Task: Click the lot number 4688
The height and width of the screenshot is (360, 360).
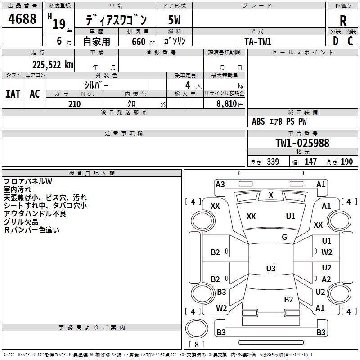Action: click(22, 19)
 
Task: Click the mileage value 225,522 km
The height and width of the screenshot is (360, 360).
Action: click(53, 65)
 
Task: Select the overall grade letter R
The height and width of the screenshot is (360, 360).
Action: click(343, 21)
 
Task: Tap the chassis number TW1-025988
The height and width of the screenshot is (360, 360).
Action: click(302, 143)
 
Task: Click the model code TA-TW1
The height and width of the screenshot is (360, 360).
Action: click(258, 41)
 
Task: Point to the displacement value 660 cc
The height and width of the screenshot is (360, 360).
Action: click(143, 42)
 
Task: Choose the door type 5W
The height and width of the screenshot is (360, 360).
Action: click(174, 20)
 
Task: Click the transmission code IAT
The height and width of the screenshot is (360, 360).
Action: click(13, 94)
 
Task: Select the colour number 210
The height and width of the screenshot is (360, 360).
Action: click(74, 104)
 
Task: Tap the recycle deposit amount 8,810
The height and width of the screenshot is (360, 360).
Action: click(227, 104)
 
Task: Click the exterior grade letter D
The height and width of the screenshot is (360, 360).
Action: click(336, 41)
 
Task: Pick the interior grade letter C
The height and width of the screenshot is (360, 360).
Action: click(350, 41)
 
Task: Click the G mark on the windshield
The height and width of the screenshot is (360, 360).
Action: click(284, 237)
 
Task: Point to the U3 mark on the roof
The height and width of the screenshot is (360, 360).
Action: click(271, 268)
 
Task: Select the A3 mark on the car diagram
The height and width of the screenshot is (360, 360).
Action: click(220, 184)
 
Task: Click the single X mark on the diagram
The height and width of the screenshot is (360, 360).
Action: click(271, 195)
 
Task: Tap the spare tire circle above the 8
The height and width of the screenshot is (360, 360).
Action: click(197, 328)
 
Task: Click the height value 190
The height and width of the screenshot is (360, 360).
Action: click(346, 162)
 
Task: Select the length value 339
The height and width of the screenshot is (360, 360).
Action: click(273, 162)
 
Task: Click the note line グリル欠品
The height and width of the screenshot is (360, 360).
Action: click(21, 222)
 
